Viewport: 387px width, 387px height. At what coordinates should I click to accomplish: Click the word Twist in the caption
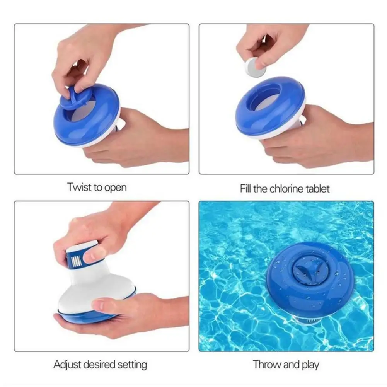pyautogui.click(x=78, y=188)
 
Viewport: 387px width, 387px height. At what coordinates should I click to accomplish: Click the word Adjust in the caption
pyautogui.click(x=66, y=364)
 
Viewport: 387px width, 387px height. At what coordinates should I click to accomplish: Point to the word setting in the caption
pyautogui.click(x=133, y=365)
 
